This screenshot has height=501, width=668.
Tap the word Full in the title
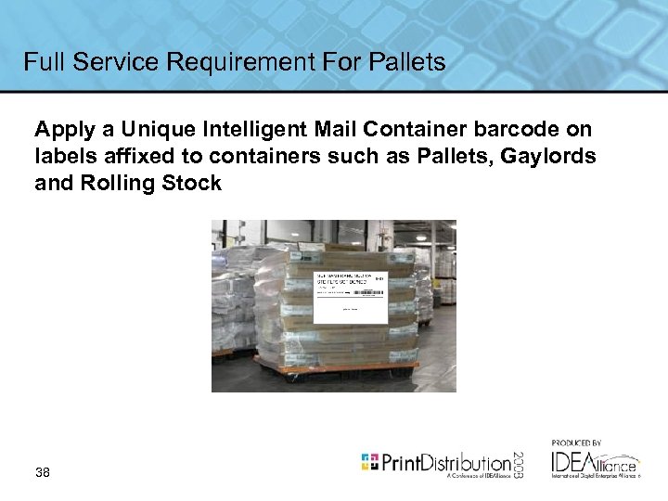click(45, 62)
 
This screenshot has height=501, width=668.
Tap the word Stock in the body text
click(192, 183)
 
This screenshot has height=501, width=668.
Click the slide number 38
click(43, 472)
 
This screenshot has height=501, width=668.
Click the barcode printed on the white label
click(368, 291)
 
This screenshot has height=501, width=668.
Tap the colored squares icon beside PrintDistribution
click(369, 461)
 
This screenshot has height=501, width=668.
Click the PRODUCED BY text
click(576, 443)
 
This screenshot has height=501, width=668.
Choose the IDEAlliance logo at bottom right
click(594, 463)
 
